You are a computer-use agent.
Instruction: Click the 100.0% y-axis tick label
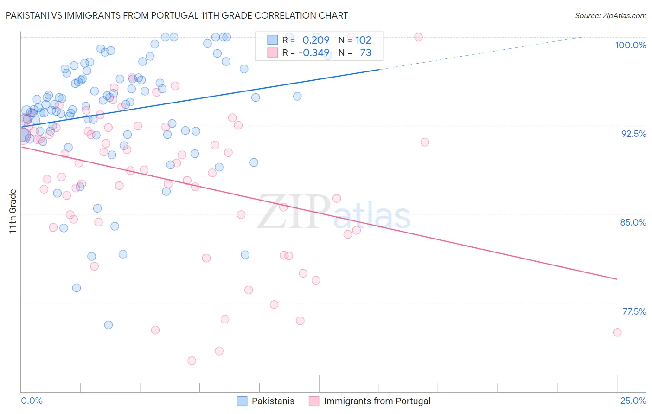pyautogui.click(x=630, y=45)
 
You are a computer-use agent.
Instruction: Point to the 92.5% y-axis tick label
pyautogui.click(x=633, y=134)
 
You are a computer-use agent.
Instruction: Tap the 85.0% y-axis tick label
pyautogui.click(x=633, y=222)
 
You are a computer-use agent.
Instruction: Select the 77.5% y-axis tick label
pyautogui.click(x=634, y=311)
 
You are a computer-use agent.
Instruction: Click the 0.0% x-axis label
pyautogui.click(x=32, y=401)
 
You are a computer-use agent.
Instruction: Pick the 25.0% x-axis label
pyautogui.click(x=633, y=401)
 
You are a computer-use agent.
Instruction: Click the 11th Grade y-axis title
pyautogui.click(x=13, y=211)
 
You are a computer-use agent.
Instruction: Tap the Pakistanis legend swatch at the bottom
pyautogui.click(x=242, y=401)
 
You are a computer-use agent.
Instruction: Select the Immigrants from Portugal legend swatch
pyautogui.click(x=314, y=401)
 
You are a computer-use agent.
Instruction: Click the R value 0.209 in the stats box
pyautogui.click(x=316, y=40)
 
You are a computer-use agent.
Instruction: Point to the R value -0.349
pyautogui.click(x=314, y=52)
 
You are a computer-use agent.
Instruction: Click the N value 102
pyautogui.click(x=364, y=40)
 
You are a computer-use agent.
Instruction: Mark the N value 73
pyautogui.click(x=365, y=52)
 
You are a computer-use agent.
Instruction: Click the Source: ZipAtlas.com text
pyautogui.click(x=610, y=16)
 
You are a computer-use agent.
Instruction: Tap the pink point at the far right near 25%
pyautogui.click(x=617, y=332)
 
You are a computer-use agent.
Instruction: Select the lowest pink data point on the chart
pyautogui.click(x=192, y=361)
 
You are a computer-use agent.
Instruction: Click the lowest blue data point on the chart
pyautogui.click(x=109, y=325)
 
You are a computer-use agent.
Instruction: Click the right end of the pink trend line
pyautogui.click(x=617, y=279)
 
